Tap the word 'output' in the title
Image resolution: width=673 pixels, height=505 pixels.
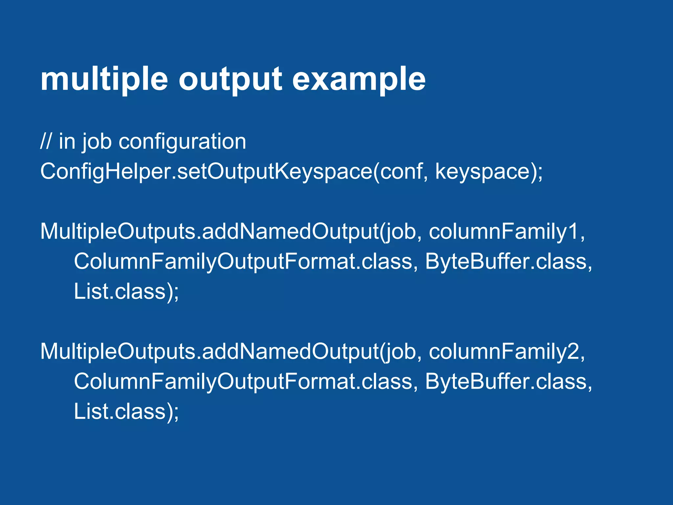(x=230, y=80)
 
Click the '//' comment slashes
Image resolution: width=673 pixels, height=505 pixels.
(x=46, y=142)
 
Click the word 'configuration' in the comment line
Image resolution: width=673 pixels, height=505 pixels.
(x=182, y=142)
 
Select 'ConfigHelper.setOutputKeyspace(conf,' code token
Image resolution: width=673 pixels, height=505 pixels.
(x=234, y=172)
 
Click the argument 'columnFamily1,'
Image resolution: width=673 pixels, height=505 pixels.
(x=507, y=232)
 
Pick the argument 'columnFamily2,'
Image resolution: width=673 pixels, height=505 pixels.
(x=507, y=352)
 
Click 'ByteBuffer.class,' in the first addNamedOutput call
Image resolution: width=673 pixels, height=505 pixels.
(x=508, y=262)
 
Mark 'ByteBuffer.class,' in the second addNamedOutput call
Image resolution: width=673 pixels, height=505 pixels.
(x=508, y=382)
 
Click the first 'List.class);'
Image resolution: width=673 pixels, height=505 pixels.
(x=126, y=292)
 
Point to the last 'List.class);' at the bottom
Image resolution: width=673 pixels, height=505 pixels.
(x=126, y=412)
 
